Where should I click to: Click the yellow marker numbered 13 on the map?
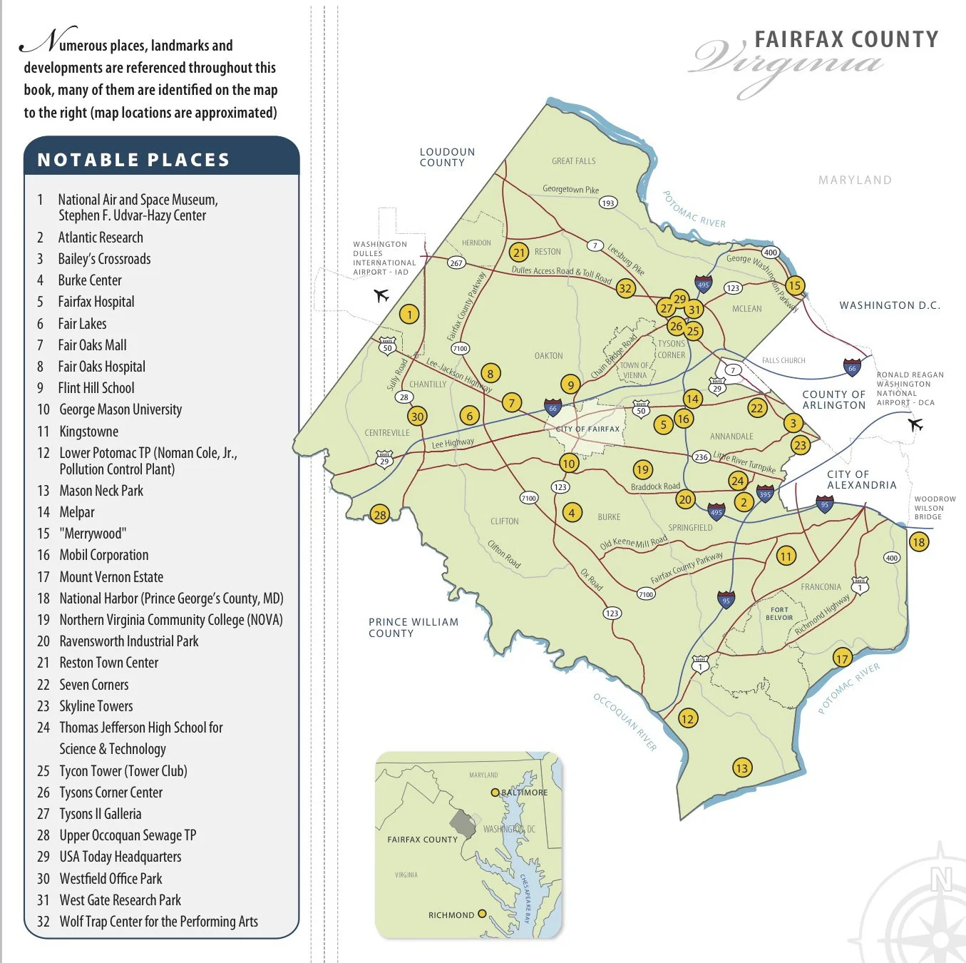(742, 768)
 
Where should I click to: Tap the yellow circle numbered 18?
(918, 542)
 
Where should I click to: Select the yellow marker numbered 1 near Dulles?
(409, 315)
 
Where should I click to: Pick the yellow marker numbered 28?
(380, 514)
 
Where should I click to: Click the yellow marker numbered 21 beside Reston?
(519, 253)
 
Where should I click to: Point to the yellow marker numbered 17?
(843, 658)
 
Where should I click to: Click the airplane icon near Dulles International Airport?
(382, 295)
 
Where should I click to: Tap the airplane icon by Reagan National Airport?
(916, 425)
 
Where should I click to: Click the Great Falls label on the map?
(573, 161)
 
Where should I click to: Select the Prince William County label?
(413, 628)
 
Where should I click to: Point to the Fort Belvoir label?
(779, 613)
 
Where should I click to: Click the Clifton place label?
(504, 521)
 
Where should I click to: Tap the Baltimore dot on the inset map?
(495, 793)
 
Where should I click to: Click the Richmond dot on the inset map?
(482, 914)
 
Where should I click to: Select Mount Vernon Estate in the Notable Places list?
(111, 577)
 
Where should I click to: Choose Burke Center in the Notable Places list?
(90, 280)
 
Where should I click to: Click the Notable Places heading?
(133, 160)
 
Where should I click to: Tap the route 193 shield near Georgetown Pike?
(607, 203)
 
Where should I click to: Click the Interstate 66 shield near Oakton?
(553, 408)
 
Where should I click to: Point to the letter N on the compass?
(941, 880)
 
